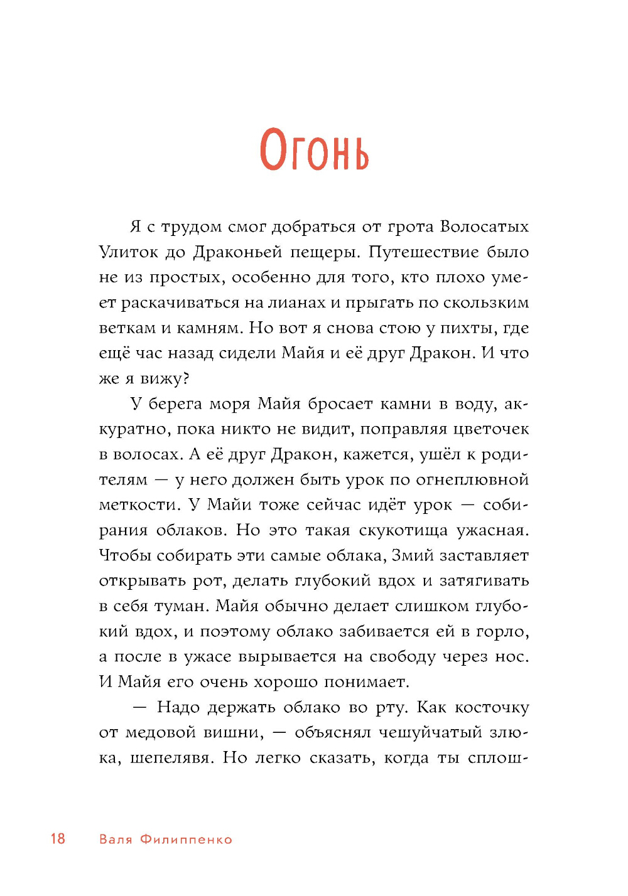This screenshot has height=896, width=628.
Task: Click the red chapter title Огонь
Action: [314, 151]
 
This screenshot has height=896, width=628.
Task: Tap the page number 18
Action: [58, 838]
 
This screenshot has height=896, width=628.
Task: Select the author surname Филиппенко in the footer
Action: [186, 840]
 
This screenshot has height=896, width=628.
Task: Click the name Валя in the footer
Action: [116, 840]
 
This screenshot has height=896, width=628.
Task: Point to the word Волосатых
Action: [484, 227]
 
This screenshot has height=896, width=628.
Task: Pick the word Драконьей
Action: [237, 252]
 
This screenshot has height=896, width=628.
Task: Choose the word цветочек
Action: [491, 429]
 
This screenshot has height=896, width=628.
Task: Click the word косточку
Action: [492, 708]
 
